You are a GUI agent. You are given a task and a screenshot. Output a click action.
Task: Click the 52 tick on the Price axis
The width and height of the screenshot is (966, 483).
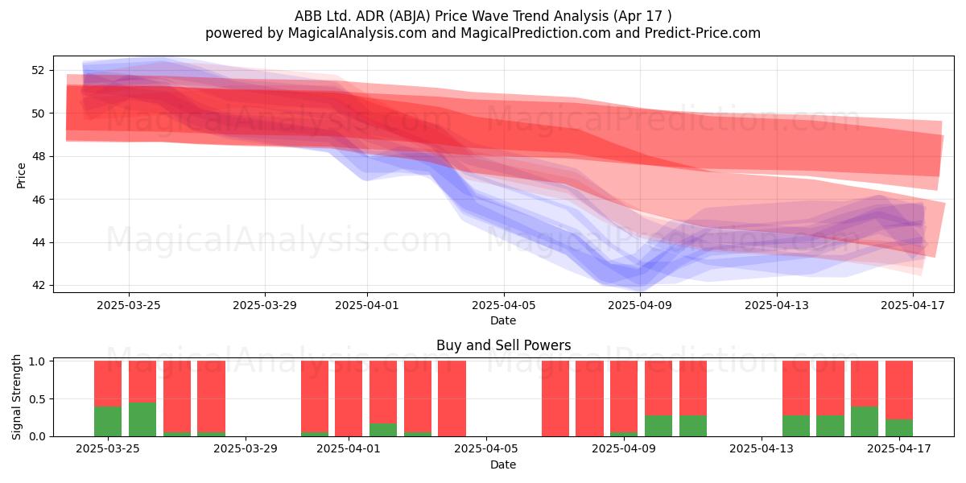pos(38,70)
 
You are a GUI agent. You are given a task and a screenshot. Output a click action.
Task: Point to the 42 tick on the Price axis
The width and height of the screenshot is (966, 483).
pos(38,286)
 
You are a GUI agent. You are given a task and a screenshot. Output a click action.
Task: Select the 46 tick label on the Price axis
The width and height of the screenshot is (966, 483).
pos(38,200)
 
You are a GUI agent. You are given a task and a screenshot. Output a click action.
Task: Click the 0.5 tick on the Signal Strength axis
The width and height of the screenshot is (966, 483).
pos(37,399)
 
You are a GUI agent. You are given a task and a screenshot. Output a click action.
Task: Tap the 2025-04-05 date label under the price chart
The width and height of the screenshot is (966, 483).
pos(504,305)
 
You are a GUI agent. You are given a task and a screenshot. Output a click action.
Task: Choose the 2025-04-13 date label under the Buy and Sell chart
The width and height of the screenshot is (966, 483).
pos(762,448)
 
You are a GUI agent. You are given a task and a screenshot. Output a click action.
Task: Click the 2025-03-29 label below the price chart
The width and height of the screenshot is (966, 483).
pos(265,305)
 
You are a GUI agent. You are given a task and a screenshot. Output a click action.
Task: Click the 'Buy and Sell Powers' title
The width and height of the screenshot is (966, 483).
pos(504,345)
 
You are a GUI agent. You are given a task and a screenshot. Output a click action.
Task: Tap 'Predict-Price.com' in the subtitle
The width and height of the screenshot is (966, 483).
pos(703,33)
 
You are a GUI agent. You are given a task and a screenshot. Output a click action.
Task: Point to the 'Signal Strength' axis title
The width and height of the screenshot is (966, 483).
pos(16,397)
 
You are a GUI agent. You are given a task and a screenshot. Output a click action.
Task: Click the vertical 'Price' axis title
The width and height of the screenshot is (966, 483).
pos(21,175)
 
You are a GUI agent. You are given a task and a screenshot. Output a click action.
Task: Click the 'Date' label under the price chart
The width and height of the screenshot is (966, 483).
pos(503,320)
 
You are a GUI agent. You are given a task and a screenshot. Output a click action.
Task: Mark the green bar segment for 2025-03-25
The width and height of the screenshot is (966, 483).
pos(108,421)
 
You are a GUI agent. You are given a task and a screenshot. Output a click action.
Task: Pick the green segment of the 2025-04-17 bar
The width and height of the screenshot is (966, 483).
pos(899,427)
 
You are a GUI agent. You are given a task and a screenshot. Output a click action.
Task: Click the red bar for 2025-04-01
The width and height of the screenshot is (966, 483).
pos(349,398)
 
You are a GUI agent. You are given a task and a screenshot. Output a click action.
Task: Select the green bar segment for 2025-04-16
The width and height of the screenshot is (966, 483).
pos(865,421)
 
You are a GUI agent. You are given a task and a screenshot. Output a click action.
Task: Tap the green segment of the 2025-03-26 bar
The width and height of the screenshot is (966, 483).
pos(142,419)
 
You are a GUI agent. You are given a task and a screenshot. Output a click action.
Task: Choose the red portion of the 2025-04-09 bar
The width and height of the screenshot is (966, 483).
pos(624,396)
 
